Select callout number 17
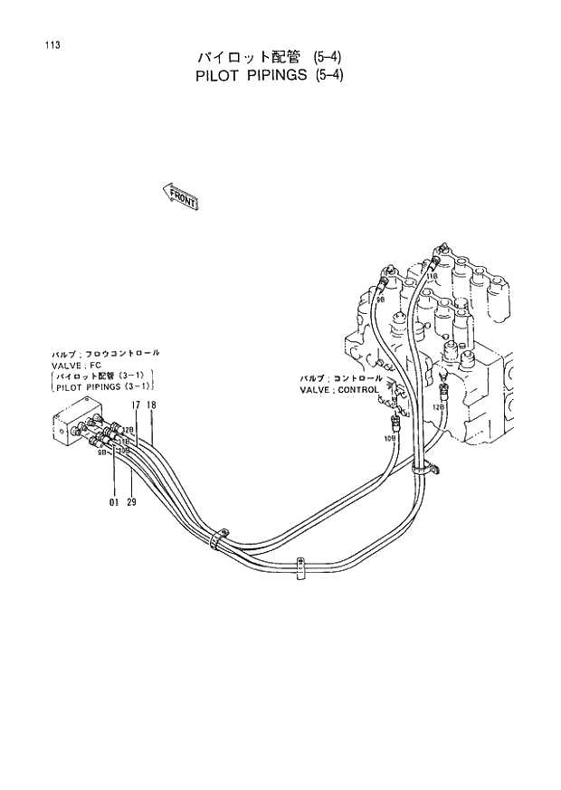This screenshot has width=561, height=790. (136, 405)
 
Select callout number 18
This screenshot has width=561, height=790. (152, 405)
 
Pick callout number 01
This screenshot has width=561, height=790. (114, 501)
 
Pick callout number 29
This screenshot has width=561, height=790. (132, 501)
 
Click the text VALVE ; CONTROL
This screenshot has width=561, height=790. (341, 389)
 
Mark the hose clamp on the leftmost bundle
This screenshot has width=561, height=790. (217, 539)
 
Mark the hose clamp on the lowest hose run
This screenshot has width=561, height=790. (300, 567)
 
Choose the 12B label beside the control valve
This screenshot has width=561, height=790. (438, 408)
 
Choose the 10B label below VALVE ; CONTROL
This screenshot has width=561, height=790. (390, 438)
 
